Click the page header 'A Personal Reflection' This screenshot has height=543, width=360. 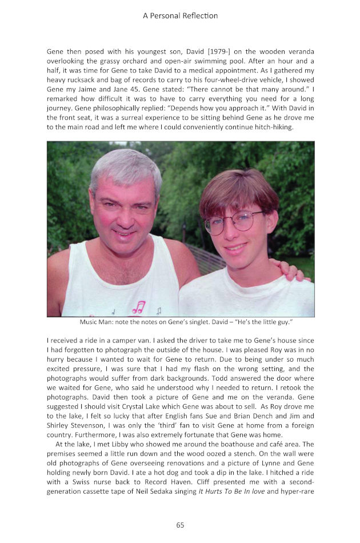coord(180,15)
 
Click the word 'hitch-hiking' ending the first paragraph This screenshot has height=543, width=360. coord(270,127)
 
